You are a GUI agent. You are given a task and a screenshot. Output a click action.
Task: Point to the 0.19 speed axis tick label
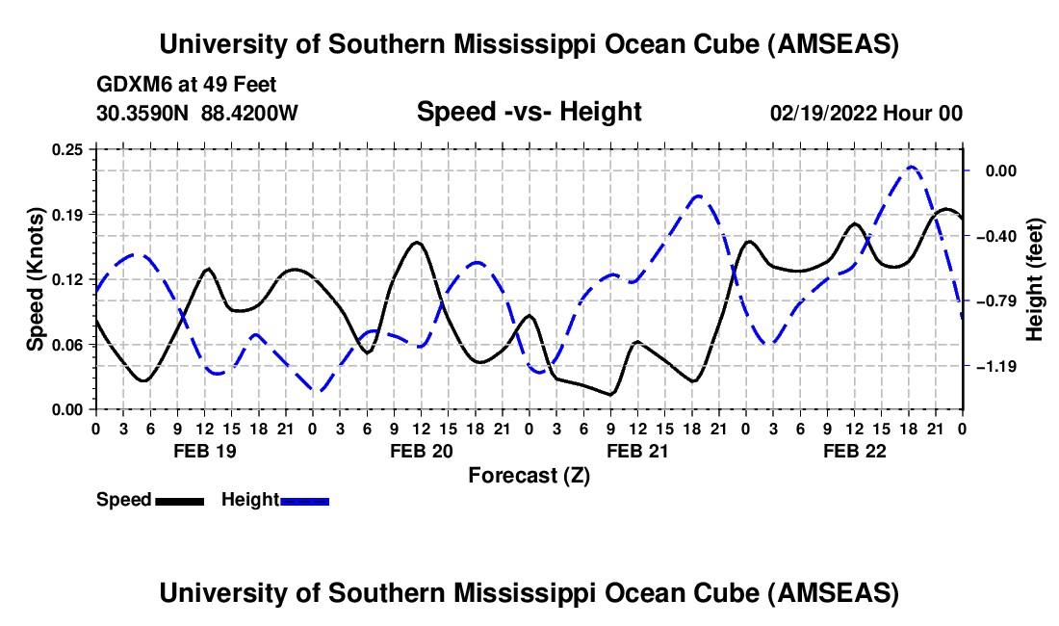(x=68, y=214)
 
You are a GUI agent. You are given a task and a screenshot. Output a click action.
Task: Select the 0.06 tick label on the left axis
(x=68, y=344)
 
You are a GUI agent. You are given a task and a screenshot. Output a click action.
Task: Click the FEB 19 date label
(x=204, y=451)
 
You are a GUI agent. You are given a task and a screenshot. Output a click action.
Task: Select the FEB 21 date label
(x=637, y=451)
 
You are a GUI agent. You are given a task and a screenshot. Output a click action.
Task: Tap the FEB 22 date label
(x=854, y=451)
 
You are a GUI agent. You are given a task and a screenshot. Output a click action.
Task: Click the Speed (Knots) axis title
(x=36, y=279)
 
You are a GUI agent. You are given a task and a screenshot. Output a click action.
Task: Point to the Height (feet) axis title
(x=1035, y=279)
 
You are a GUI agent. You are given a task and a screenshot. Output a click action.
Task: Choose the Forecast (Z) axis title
(x=529, y=475)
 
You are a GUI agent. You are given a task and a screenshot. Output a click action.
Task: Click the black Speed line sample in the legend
(x=179, y=501)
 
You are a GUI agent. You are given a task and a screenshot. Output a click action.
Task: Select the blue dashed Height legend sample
(x=305, y=501)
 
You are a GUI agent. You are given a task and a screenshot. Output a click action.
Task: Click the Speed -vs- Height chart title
(x=529, y=112)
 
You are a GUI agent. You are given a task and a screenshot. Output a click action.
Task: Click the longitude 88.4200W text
(x=249, y=113)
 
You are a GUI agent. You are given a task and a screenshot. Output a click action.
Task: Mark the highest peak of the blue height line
(x=912, y=167)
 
